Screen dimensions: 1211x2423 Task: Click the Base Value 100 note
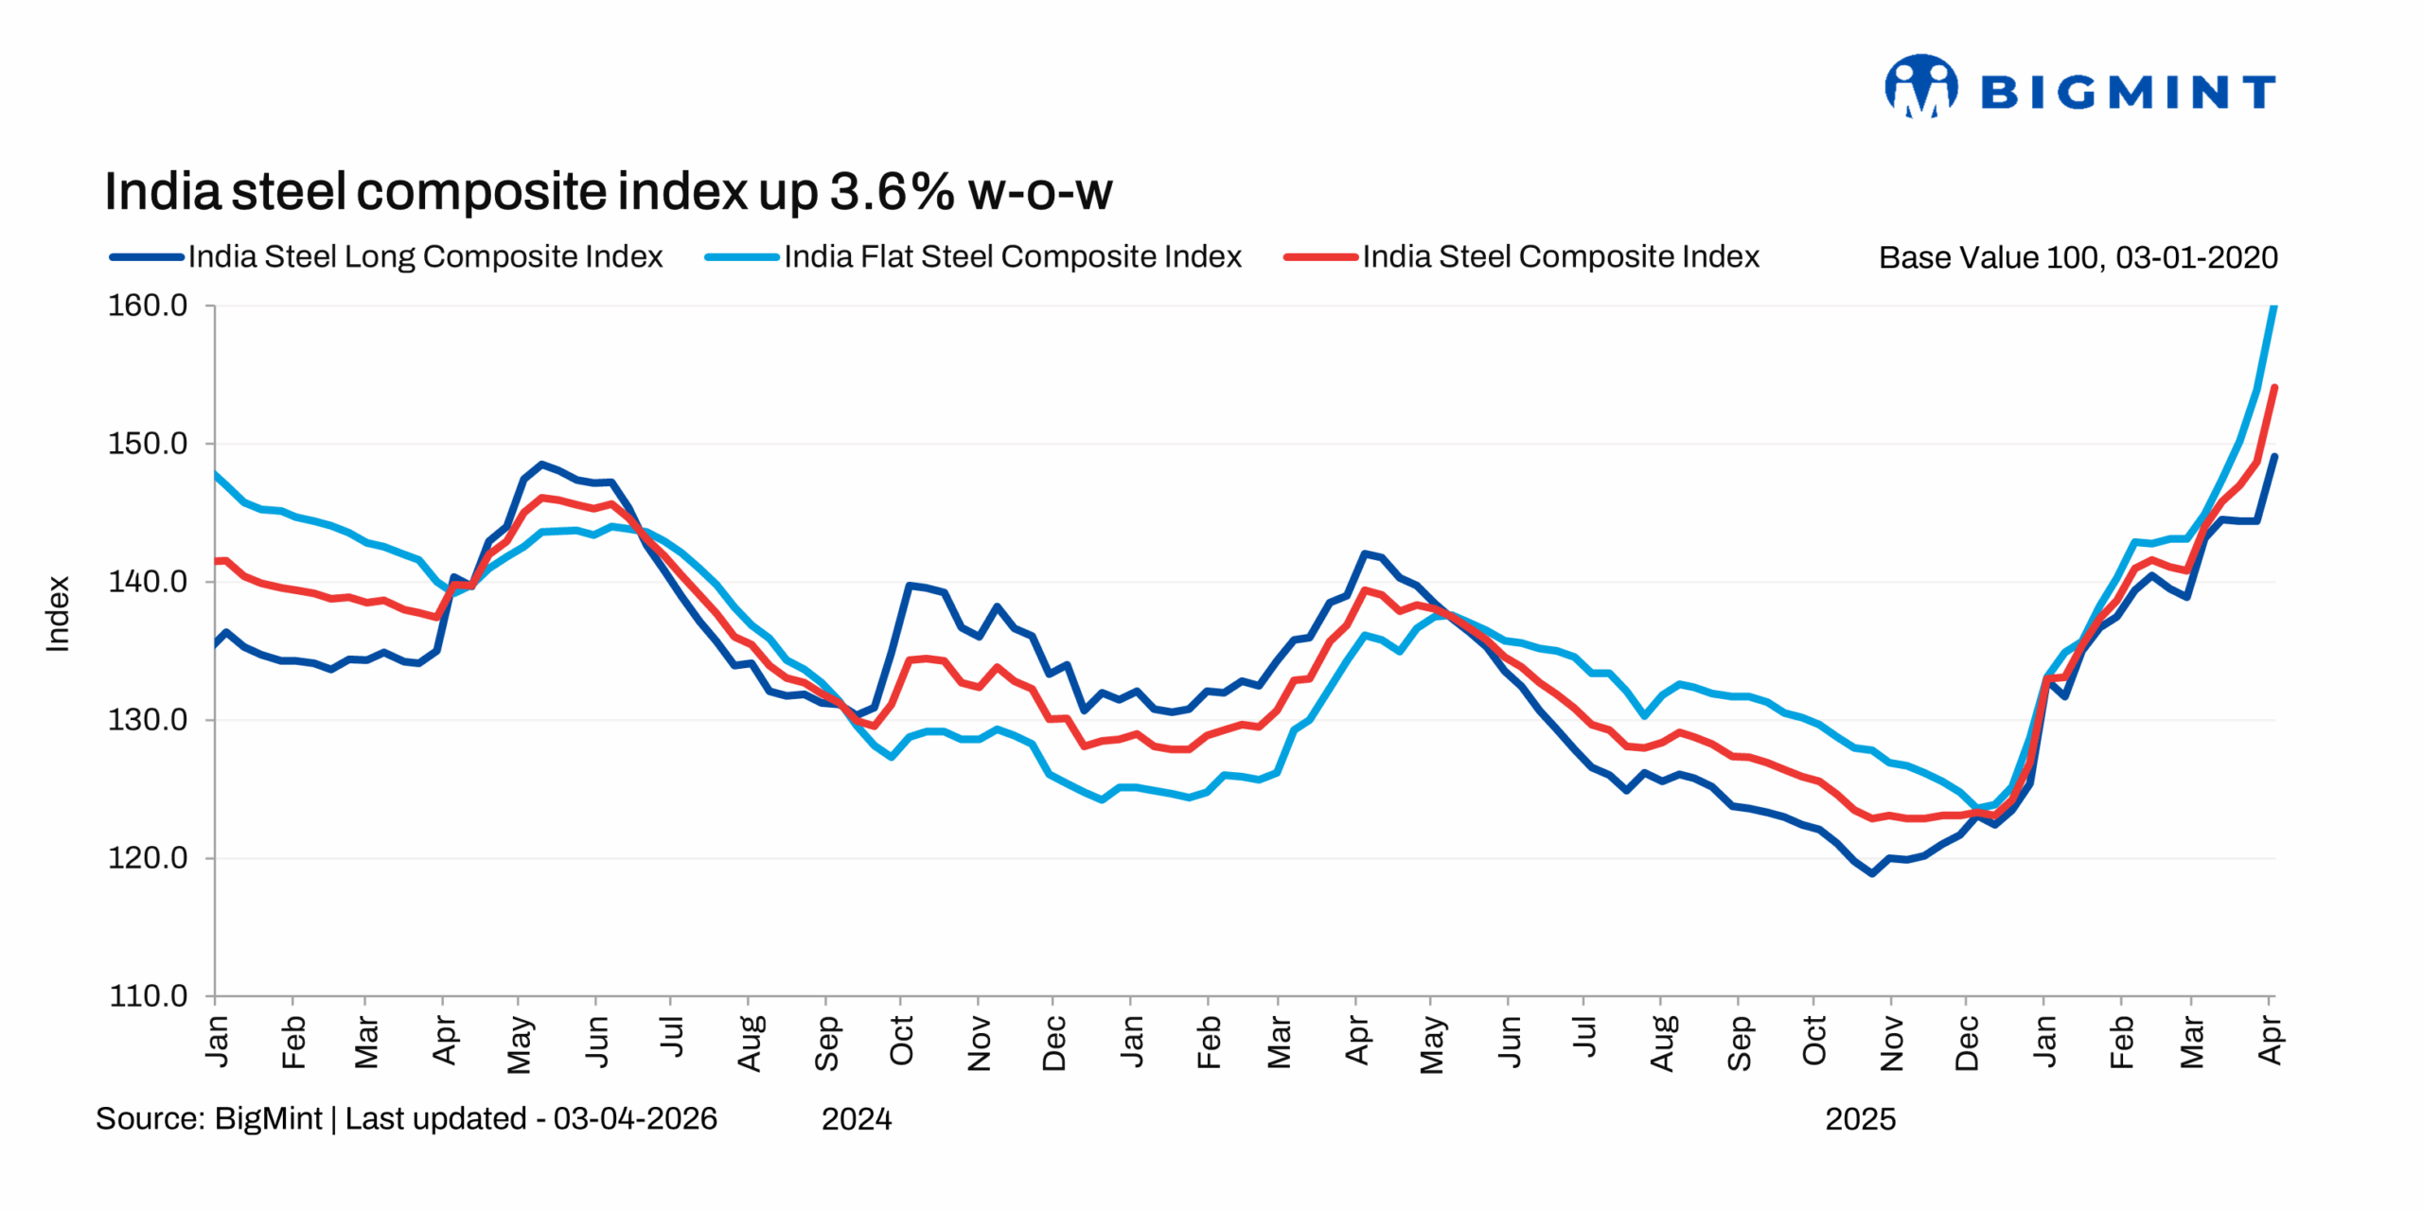point(2077,257)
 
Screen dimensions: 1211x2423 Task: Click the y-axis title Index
point(58,614)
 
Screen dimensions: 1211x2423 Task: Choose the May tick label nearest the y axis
point(519,1044)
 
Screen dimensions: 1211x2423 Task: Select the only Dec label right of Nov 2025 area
point(1966,1043)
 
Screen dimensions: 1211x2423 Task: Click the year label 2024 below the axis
point(856,1119)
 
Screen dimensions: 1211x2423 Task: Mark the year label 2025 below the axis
point(1859,1119)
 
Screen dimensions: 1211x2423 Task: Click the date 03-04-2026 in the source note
point(635,1118)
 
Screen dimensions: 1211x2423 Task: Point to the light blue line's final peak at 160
point(2273,307)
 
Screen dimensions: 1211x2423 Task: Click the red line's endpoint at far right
point(2273,387)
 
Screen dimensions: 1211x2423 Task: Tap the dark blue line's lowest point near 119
point(1871,873)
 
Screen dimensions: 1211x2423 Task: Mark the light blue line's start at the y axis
point(217,474)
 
